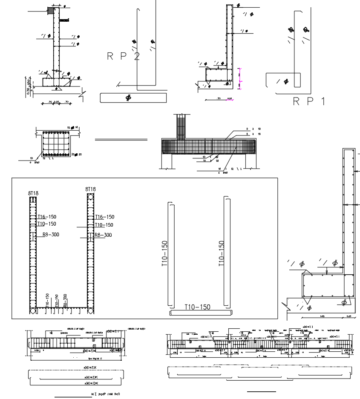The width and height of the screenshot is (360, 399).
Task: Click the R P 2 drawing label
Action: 123,57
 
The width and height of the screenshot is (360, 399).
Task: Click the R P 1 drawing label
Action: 309,101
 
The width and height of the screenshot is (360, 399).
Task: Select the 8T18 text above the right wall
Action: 90,189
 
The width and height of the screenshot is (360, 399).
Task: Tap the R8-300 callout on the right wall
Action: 103,235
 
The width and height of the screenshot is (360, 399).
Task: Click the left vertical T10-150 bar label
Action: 164,254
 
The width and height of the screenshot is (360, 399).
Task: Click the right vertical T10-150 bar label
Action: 222,254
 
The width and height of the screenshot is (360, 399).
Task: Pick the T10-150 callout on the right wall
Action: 104,225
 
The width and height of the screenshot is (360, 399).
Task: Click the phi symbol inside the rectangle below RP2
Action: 128,98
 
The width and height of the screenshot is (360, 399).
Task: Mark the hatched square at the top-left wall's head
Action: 51,10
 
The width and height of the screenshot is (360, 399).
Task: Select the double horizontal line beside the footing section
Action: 121,140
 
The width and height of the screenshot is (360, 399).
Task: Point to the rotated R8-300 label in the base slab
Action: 65,300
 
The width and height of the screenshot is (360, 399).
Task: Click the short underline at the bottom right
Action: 261,391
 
